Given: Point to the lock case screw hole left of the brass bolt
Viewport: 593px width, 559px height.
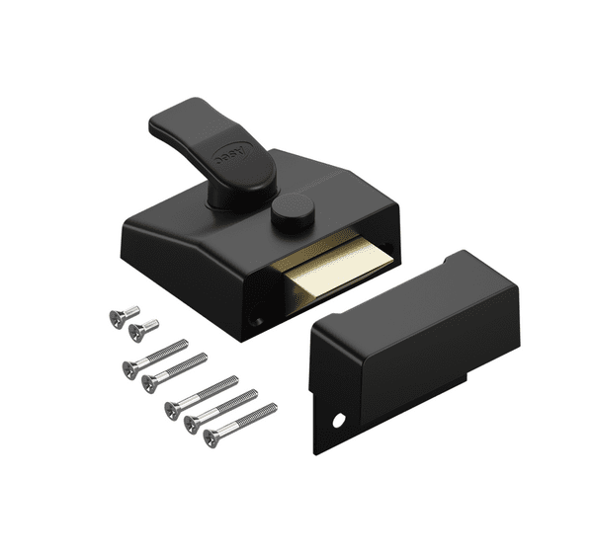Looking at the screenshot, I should click(x=254, y=321).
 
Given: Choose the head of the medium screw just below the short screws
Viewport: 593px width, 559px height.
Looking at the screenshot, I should click(x=129, y=368).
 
